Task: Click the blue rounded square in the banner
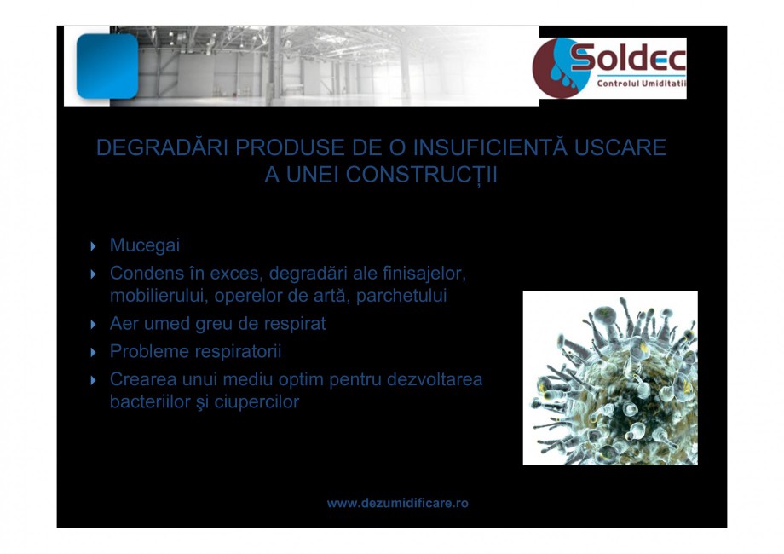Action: [x=107, y=66]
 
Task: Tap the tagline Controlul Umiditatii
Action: [x=641, y=84]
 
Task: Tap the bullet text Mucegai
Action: [x=145, y=245]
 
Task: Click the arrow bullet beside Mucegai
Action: [x=95, y=246]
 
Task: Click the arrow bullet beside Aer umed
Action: [x=95, y=325]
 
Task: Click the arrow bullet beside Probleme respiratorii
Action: [x=95, y=352]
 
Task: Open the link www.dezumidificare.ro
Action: [x=397, y=504]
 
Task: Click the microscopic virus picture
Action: [x=610, y=378]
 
